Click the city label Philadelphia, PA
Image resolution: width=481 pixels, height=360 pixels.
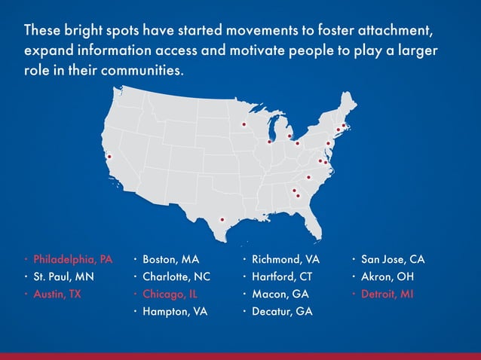tap(72, 259)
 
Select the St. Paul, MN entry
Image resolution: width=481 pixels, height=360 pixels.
tap(63, 276)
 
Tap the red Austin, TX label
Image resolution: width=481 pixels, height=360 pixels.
tap(57, 294)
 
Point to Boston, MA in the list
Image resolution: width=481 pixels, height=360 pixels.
tap(170, 259)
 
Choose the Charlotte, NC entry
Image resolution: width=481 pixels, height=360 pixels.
tap(176, 276)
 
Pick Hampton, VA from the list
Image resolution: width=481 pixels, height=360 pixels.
tap(175, 311)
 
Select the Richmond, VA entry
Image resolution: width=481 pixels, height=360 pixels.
tap(286, 259)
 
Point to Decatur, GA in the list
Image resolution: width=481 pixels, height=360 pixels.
tap(281, 311)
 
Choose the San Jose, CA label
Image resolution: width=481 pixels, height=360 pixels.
tap(393, 259)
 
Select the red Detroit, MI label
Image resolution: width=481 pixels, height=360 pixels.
tap(387, 294)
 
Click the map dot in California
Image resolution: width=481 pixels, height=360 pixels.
tap(109, 157)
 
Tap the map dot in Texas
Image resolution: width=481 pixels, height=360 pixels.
tap(222, 220)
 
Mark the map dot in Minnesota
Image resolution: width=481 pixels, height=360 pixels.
tap(244, 124)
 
